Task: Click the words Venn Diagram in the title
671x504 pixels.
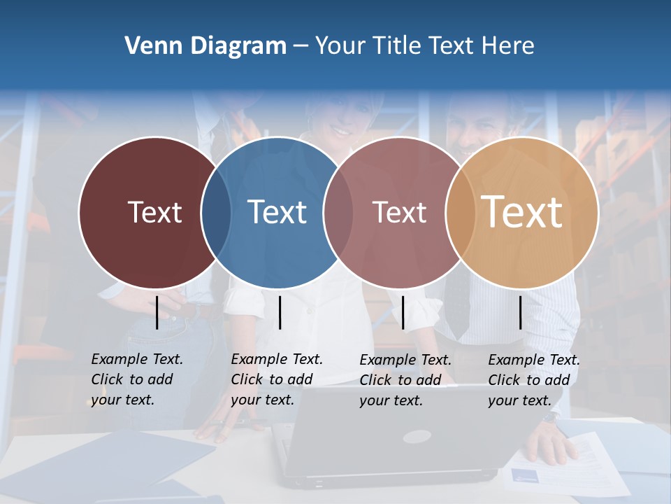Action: click(x=205, y=46)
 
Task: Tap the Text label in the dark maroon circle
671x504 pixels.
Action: click(x=154, y=212)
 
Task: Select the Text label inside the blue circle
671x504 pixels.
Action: click(x=277, y=212)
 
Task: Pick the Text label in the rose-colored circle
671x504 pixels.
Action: click(x=399, y=212)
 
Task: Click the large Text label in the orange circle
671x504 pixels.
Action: click(x=522, y=212)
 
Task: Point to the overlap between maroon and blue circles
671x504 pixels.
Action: click(x=216, y=212)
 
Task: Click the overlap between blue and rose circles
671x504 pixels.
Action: click(x=338, y=212)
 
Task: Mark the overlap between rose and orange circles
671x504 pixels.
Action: click(x=459, y=212)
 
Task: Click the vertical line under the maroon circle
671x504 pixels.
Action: click(x=157, y=312)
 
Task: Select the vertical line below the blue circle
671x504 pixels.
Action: click(x=280, y=312)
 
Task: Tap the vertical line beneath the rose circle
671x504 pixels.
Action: click(x=403, y=312)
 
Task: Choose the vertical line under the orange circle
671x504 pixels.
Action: click(x=520, y=312)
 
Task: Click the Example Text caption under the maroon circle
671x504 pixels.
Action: click(x=136, y=379)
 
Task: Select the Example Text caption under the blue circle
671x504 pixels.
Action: click(x=276, y=379)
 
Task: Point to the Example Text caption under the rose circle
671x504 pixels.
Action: click(x=405, y=380)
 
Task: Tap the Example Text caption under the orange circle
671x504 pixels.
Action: click(x=533, y=380)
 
